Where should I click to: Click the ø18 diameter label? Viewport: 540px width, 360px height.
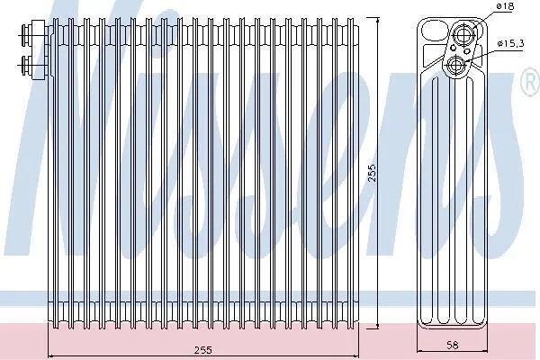click(505, 6)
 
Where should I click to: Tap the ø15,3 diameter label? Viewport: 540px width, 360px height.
click(510, 43)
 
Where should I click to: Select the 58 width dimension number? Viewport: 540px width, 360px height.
click(452, 345)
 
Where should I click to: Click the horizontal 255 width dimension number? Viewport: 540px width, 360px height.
click(203, 350)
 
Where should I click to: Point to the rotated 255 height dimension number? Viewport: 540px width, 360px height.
click(372, 174)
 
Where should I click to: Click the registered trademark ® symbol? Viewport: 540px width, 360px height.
click(531, 82)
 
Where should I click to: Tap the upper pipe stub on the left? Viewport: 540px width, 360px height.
click(26, 31)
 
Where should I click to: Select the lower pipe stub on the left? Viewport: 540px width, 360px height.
click(26, 65)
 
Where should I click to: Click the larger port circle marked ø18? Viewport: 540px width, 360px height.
click(463, 34)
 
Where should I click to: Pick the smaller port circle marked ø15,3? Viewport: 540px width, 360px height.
click(457, 65)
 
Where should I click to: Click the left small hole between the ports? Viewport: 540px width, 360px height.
click(454, 48)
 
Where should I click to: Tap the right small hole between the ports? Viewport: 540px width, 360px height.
click(467, 51)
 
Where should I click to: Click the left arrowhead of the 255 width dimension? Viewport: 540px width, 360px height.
click(50, 356)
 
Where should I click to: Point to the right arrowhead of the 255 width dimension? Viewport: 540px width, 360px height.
click(356, 356)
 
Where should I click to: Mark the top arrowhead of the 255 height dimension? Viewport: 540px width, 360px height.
click(378, 21)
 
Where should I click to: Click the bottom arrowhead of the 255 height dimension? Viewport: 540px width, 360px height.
click(378, 325)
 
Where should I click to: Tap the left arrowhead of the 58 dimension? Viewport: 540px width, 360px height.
click(420, 351)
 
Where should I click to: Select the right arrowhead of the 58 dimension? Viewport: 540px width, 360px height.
click(484, 351)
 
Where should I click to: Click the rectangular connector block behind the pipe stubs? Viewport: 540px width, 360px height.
click(39, 50)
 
